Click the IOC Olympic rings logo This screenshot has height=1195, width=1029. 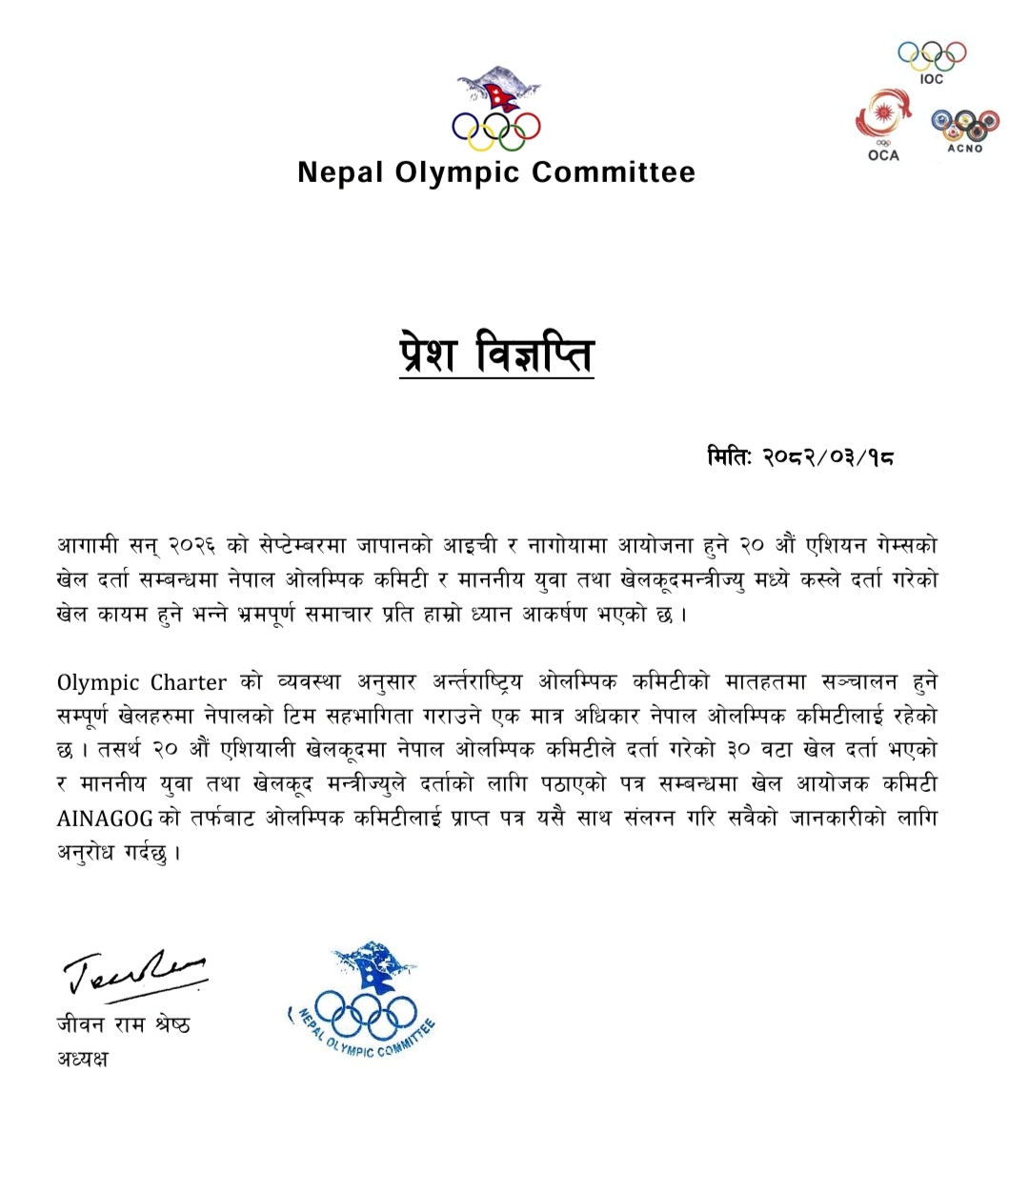coord(932,56)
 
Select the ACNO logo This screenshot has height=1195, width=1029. coord(964,124)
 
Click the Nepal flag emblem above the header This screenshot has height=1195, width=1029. coord(495,91)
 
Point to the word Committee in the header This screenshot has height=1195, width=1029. coord(614,172)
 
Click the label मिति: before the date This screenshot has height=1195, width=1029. coord(730,457)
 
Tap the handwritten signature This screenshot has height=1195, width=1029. coord(133,972)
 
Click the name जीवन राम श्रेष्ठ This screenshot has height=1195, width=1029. coord(123,1025)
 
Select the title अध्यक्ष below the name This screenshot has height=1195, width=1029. coord(83,1059)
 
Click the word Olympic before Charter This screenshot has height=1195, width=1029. coord(99,682)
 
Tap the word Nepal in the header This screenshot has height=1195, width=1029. coord(338,172)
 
